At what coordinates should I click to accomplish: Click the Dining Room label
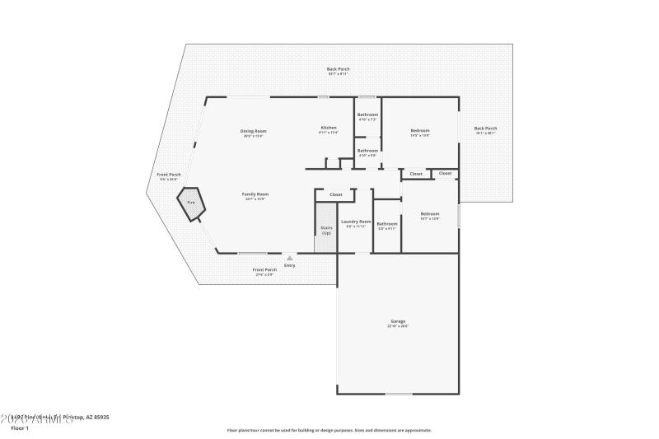(254, 131)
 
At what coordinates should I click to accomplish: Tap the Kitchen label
(329, 128)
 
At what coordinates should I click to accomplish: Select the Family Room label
(255, 194)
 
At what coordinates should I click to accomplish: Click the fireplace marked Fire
(191, 203)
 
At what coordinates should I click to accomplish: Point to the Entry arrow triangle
(289, 258)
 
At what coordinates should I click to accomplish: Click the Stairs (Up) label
(326, 231)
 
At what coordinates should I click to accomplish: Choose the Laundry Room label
(357, 222)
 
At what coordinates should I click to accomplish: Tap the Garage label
(398, 321)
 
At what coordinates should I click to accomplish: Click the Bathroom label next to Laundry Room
(387, 223)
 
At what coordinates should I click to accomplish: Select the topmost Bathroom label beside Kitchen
(367, 114)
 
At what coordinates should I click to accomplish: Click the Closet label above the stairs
(335, 194)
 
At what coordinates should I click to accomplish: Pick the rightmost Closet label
(445, 173)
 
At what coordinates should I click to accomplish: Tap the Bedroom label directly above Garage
(430, 214)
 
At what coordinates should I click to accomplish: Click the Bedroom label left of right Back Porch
(420, 131)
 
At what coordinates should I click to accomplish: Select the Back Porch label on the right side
(485, 128)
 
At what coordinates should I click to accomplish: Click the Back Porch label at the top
(337, 69)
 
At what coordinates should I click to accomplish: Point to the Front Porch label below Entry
(264, 270)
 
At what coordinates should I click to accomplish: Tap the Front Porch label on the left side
(168, 175)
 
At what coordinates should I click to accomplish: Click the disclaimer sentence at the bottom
(329, 430)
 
